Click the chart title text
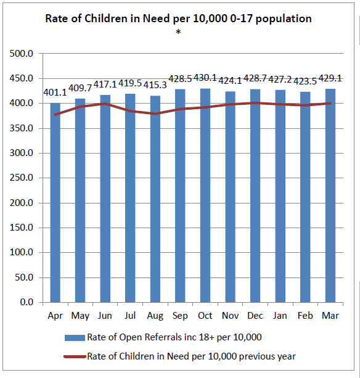point(178,18)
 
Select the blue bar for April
point(55,202)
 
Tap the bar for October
point(205,195)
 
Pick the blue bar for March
point(330,195)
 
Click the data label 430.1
point(205,78)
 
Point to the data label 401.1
point(55,92)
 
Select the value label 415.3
point(155,85)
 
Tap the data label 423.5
point(305,81)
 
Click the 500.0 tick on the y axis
point(21,54)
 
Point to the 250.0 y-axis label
point(21,178)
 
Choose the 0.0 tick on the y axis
point(27,302)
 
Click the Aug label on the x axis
point(155,316)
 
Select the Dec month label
point(255,316)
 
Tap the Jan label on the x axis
point(280,316)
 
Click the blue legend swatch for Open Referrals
point(75,337)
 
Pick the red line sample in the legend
point(75,356)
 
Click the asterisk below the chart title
point(178,32)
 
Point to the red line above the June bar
point(105,104)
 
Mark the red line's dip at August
point(155,113)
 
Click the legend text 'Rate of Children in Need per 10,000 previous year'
point(191,356)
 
